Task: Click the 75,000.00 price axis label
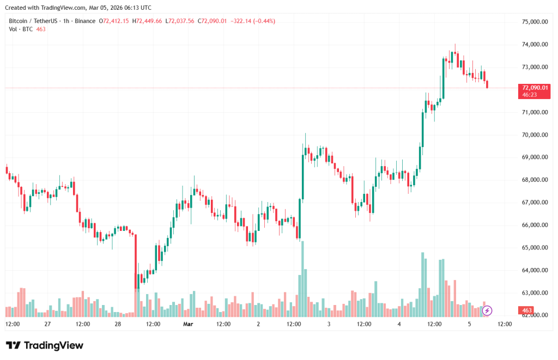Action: point(535,22)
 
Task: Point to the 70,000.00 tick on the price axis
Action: point(535,135)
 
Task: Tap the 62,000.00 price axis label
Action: point(535,315)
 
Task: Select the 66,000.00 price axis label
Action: point(535,225)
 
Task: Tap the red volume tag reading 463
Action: point(527,311)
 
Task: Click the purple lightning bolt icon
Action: point(487,310)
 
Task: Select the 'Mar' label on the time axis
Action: point(188,324)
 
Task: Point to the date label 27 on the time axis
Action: point(47,324)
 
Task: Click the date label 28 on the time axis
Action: point(118,324)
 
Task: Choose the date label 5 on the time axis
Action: point(469,324)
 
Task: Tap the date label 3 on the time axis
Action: point(329,324)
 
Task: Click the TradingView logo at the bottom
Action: point(45,345)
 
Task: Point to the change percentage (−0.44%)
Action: point(263,21)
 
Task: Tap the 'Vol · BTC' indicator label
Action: point(20,29)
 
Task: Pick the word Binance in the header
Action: point(84,21)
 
